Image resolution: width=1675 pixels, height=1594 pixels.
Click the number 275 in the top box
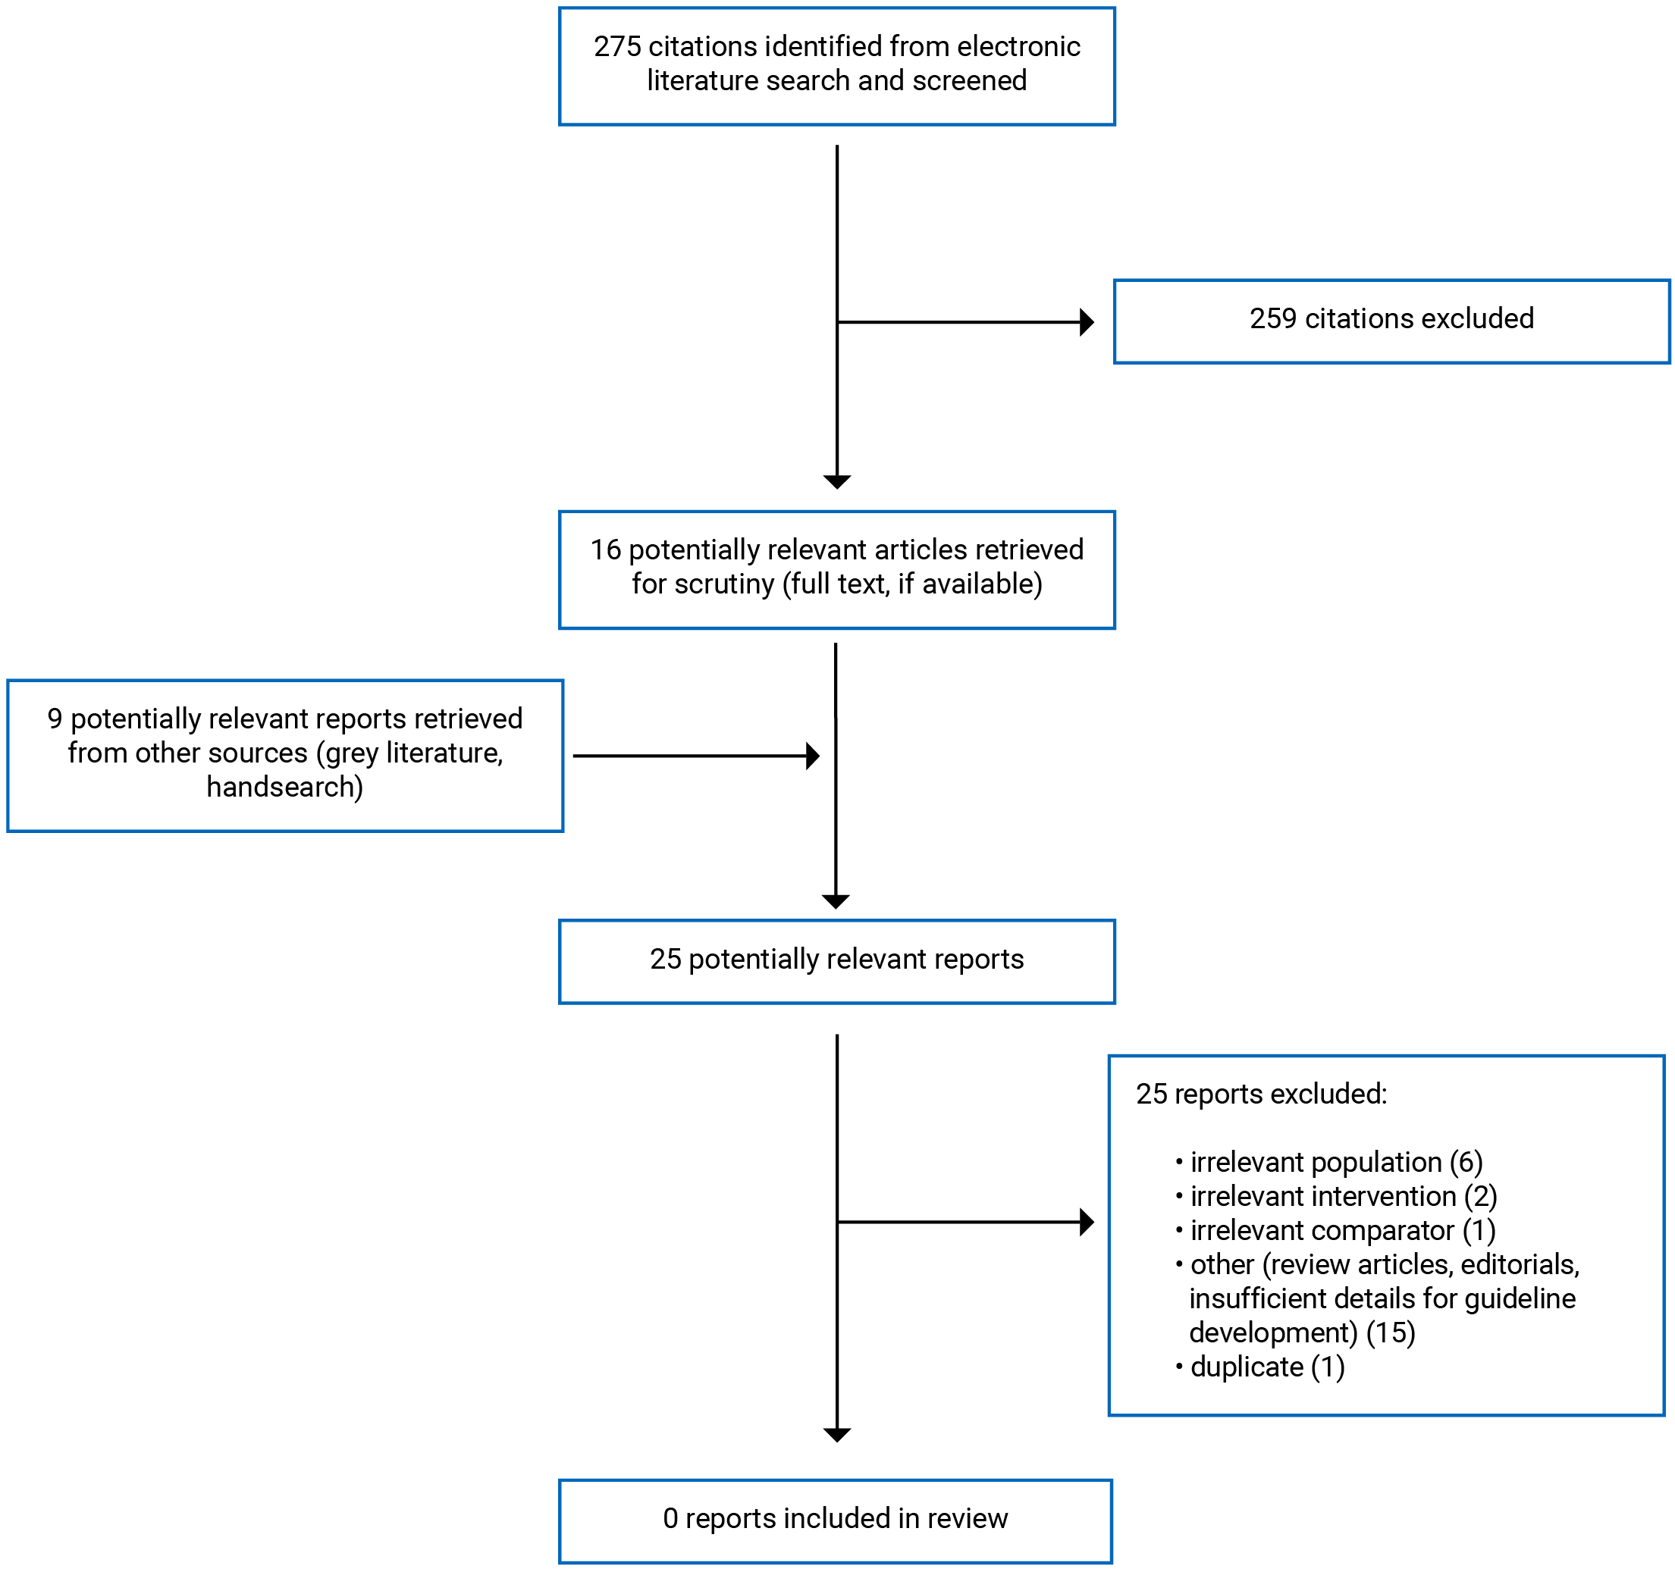[x=616, y=47]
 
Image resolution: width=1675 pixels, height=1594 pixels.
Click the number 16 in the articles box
[x=605, y=550]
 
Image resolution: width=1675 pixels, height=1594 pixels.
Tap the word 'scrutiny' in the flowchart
[x=724, y=584]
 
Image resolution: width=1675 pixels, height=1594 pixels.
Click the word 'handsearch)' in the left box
[x=284, y=787]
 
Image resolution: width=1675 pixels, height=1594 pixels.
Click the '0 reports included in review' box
[x=835, y=1518]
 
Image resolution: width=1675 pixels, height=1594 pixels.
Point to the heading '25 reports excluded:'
[x=1260, y=1095]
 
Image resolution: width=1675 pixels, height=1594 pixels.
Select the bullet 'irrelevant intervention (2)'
[x=1343, y=1196]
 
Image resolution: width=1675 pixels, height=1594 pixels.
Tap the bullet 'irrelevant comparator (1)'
[x=1342, y=1230]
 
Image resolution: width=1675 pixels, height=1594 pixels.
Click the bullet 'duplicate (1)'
[x=1266, y=1367]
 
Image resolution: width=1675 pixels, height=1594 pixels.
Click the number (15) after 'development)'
[x=1391, y=1333]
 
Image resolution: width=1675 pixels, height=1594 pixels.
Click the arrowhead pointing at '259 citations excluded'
[x=1086, y=322]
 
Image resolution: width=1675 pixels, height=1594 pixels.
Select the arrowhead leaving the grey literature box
[x=812, y=756]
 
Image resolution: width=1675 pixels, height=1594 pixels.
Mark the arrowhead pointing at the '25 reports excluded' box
[x=1086, y=1222]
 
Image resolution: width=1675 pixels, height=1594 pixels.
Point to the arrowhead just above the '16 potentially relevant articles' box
[x=837, y=482]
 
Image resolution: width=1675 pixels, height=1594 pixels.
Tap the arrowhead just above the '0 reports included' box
[x=837, y=1435]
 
